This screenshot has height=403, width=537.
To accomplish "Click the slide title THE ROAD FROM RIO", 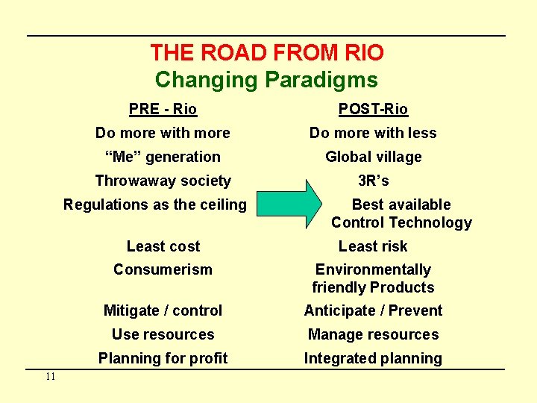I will [267, 53].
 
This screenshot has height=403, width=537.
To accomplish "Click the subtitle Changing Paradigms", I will [266, 79].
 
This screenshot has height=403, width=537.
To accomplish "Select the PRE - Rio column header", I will [163, 109].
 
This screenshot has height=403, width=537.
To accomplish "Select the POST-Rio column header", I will [373, 109].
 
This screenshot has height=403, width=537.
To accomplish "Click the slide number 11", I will [50, 377].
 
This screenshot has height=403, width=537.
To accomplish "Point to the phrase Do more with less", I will [373, 133].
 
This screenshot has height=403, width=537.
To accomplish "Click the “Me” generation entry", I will [163, 157].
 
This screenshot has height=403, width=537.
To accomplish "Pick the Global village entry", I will [373, 157].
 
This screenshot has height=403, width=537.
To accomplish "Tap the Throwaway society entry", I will [163, 181].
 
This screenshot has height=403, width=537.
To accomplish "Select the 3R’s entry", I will [373, 181].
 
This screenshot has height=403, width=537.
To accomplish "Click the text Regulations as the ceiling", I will [154, 204].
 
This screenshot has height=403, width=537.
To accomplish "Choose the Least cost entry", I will [163, 246].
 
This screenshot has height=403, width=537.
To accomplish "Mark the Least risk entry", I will [373, 246].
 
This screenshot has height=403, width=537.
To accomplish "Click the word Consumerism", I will [163, 269].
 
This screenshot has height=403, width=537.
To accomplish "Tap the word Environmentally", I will [373, 269].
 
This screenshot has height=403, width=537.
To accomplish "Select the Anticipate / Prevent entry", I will [373, 310].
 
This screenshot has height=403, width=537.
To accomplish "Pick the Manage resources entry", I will [373, 334].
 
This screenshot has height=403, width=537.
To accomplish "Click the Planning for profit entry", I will [163, 358].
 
